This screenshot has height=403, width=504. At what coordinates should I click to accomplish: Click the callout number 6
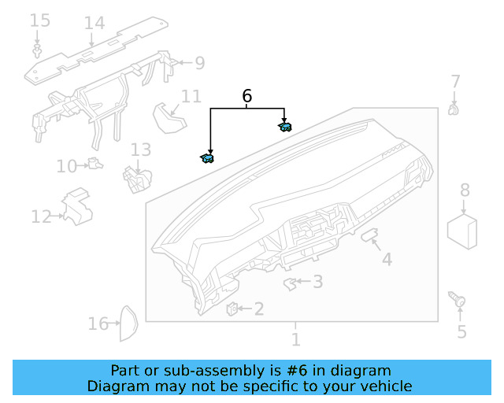pyautogui.click(x=246, y=96)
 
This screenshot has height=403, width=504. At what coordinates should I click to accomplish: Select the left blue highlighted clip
pyautogui.click(x=207, y=158)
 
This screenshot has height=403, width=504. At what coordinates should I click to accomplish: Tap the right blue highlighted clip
pyautogui.click(x=285, y=126)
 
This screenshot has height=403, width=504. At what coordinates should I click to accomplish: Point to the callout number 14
pyautogui.click(x=94, y=23)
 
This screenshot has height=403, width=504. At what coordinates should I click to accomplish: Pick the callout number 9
pyautogui.click(x=199, y=62)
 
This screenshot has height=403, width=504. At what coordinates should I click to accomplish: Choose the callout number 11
pyautogui.click(x=191, y=96)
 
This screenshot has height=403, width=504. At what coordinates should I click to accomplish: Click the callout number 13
pyautogui.click(x=140, y=150)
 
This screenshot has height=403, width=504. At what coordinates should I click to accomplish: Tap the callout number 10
pyautogui.click(x=66, y=166)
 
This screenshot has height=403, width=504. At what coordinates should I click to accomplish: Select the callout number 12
pyautogui.click(x=41, y=216)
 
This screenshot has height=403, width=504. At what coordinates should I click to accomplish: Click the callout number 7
pyautogui.click(x=455, y=81)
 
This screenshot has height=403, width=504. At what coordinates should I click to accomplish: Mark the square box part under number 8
pyautogui.click(x=464, y=231)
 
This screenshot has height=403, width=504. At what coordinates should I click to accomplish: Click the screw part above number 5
pyautogui.click(x=458, y=299)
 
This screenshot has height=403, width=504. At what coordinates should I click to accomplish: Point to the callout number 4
pyautogui.click(x=387, y=259)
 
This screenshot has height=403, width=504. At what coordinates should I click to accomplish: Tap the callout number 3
pyautogui.click(x=317, y=281)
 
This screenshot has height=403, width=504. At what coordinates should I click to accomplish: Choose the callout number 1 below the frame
pyautogui.click(x=295, y=340)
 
